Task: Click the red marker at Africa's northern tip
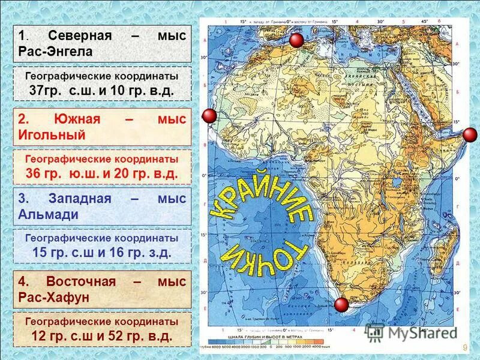(296, 41)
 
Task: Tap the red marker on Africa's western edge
(209, 116)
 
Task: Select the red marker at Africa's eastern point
(470, 134)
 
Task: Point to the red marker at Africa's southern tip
(341, 304)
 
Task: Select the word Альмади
(47, 214)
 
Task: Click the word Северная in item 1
(80, 35)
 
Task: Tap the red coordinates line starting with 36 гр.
(101, 174)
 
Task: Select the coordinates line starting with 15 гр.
(101, 253)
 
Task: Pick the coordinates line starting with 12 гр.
(101, 336)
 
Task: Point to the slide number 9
(465, 349)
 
